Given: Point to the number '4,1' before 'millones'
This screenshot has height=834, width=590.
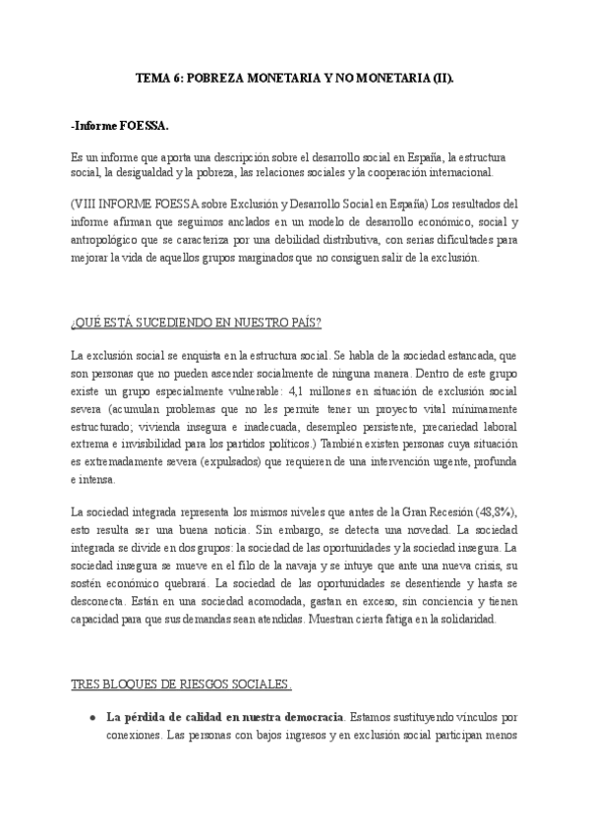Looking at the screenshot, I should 302,391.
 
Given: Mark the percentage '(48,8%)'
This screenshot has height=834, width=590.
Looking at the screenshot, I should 494,513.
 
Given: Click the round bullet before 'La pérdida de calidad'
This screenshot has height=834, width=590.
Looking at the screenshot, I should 91,717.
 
